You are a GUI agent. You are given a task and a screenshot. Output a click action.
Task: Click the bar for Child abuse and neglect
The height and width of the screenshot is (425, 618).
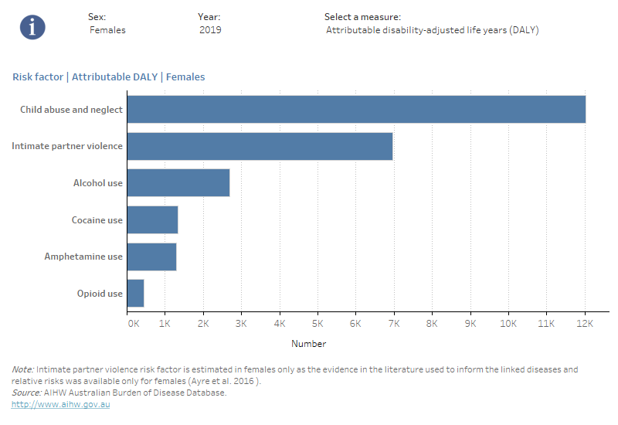click(x=356, y=110)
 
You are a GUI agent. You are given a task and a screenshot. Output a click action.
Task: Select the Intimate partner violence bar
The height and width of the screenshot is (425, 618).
click(x=260, y=146)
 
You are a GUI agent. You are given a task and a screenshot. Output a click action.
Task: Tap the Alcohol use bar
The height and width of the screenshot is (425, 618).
click(x=178, y=183)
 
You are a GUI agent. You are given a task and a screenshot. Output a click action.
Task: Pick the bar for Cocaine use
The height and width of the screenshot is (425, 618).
click(x=153, y=220)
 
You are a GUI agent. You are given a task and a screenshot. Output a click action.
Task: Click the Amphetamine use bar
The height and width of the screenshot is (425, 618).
click(x=152, y=257)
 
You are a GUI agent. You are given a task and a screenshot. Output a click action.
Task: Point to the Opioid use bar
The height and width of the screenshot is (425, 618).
click(x=136, y=294)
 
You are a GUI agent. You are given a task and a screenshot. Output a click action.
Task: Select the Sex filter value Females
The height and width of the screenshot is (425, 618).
click(x=108, y=30)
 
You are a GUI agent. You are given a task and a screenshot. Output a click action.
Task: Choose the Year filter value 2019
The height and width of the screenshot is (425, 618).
click(x=210, y=30)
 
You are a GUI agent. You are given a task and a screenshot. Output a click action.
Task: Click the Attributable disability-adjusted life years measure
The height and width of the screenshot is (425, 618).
click(x=432, y=30)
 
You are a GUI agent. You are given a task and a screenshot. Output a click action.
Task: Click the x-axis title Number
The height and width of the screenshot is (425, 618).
click(x=308, y=344)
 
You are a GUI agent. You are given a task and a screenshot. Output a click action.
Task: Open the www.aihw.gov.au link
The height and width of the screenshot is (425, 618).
click(x=61, y=404)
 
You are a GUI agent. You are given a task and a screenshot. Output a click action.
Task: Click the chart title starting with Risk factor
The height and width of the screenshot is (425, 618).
click(x=108, y=77)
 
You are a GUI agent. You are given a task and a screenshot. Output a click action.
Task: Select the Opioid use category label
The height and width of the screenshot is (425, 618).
click(x=100, y=294)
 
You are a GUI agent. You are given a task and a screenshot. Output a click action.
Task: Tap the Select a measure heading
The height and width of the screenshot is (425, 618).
click(x=362, y=16)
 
